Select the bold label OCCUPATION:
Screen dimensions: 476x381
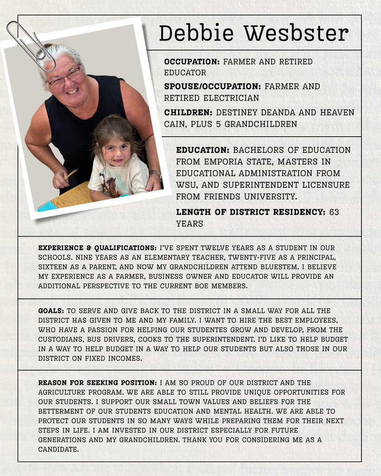(192, 61)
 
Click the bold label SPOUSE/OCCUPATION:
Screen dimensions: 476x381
(212, 86)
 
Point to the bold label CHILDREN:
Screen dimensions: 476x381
(188, 112)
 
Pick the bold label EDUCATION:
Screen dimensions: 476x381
(202, 150)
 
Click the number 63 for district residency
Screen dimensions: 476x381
(334, 212)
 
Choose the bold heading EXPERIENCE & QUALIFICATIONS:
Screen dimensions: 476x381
(97, 248)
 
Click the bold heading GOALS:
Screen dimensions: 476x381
(51, 311)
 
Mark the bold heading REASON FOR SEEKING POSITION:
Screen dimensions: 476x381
(97, 383)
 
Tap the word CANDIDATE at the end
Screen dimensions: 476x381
(58, 449)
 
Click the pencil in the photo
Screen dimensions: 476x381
(71, 174)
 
